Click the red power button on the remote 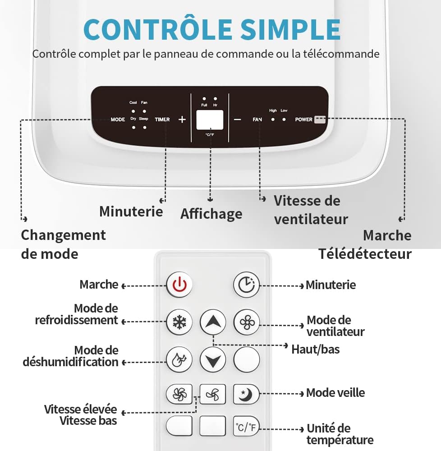tap(179, 285)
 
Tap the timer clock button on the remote tap(246, 285)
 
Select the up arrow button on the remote tap(213, 322)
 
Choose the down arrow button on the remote tap(213, 360)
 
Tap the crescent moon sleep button tap(246, 394)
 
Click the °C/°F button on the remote tap(246, 427)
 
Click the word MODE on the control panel tap(118, 120)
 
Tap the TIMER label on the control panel tap(162, 120)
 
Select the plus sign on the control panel tap(182, 120)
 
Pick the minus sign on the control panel tap(238, 120)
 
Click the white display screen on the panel tap(210, 120)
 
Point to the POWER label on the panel tap(304, 120)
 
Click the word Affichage tap(211, 214)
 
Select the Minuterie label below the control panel tap(131, 211)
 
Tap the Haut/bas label tap(315, 349)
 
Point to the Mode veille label tap(335, 393)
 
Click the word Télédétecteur tap(365, 254)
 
